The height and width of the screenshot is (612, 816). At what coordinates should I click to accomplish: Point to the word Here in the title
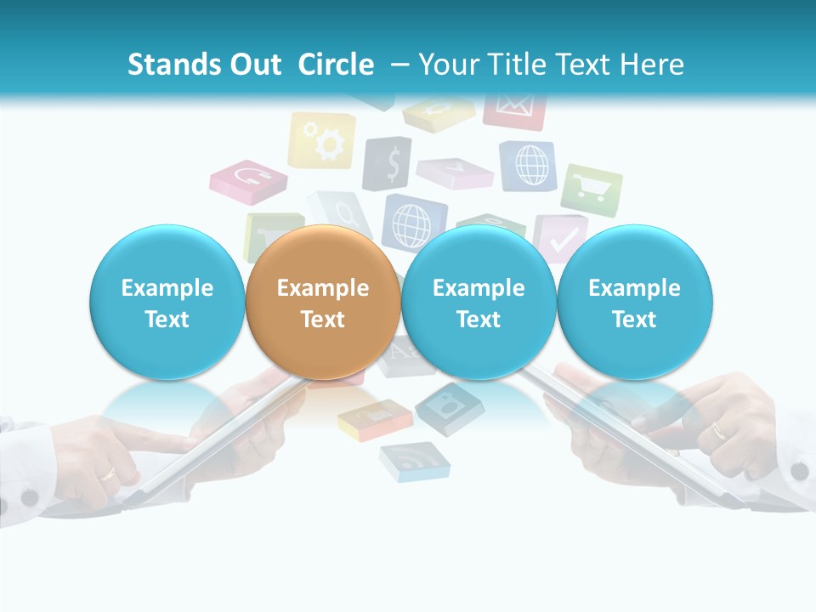[653, 65]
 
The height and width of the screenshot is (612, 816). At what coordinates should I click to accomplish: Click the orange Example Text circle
[323, 303]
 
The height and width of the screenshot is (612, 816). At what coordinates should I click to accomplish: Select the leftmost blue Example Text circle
[167, 303]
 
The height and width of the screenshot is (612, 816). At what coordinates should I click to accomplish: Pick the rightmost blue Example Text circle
[634, 303]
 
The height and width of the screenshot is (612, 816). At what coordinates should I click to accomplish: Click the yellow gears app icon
[320, 140]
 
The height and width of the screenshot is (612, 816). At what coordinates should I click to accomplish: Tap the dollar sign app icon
[388, 163]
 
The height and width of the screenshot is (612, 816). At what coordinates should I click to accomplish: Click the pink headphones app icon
[248, 178]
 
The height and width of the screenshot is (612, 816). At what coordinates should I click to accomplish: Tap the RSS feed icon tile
[414, 462]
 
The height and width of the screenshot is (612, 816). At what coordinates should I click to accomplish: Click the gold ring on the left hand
[109, 473]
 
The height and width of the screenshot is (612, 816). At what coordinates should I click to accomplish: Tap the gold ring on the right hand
[719, 432]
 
